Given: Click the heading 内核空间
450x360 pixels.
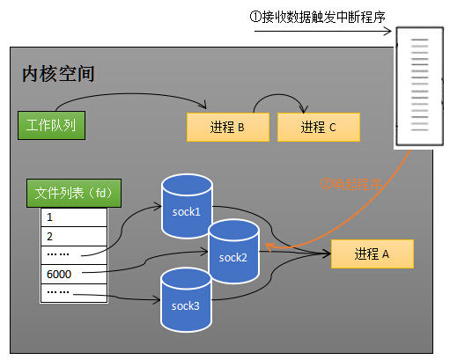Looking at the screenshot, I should coord(58,73).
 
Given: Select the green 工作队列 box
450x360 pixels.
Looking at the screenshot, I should coord(50,125).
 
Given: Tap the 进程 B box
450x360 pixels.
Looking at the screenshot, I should coord(226,127).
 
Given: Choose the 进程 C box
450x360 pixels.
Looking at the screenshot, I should coord(318,127).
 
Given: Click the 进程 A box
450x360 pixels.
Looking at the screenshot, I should coord(371,253).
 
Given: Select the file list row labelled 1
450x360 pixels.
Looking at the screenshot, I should coord(74,217).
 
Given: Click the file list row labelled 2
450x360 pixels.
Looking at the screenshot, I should coord(74,235).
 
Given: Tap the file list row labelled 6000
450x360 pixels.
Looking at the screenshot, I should coord(74,274).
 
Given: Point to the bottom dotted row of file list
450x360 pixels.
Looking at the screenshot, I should coord(74,292).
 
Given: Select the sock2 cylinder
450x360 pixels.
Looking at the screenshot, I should coord(233,254).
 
